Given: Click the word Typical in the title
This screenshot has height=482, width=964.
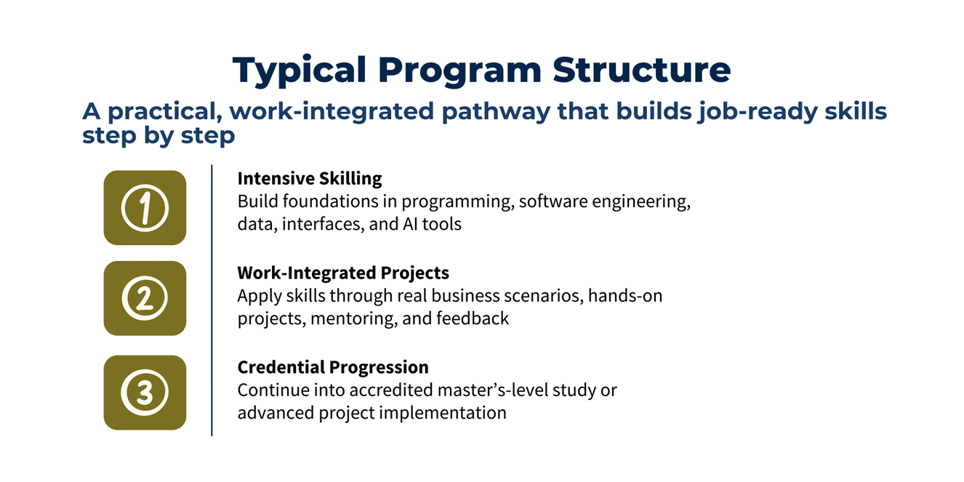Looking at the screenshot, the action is tap(300, 71).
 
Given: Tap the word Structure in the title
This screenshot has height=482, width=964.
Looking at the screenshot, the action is tap(642, 70).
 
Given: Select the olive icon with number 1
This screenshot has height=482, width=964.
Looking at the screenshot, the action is tap(145, 208).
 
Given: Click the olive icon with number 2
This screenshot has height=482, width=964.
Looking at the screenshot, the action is tap(145, 298).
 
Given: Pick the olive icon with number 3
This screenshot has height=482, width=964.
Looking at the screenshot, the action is tap(145, 393).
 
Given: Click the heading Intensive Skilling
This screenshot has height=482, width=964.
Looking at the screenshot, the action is tap(310, 179).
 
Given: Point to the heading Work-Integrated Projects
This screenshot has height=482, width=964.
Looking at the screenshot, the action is tap(343, 273).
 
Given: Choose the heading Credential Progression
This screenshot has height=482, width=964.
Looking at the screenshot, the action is tap(333, 367).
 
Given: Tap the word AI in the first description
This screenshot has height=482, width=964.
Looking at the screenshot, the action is tap(410, 224).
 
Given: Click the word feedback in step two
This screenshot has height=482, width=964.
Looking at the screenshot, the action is tap(473, 318).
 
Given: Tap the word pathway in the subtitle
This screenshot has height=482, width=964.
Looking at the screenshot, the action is tap(496, 112).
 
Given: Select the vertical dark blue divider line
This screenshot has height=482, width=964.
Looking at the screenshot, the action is tap(212, 300).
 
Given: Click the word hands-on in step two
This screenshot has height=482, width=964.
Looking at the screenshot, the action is tap(625, 296).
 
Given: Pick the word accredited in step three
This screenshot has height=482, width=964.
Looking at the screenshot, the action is tap(393, 390).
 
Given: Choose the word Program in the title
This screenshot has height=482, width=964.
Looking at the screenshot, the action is tap(459, 71).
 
